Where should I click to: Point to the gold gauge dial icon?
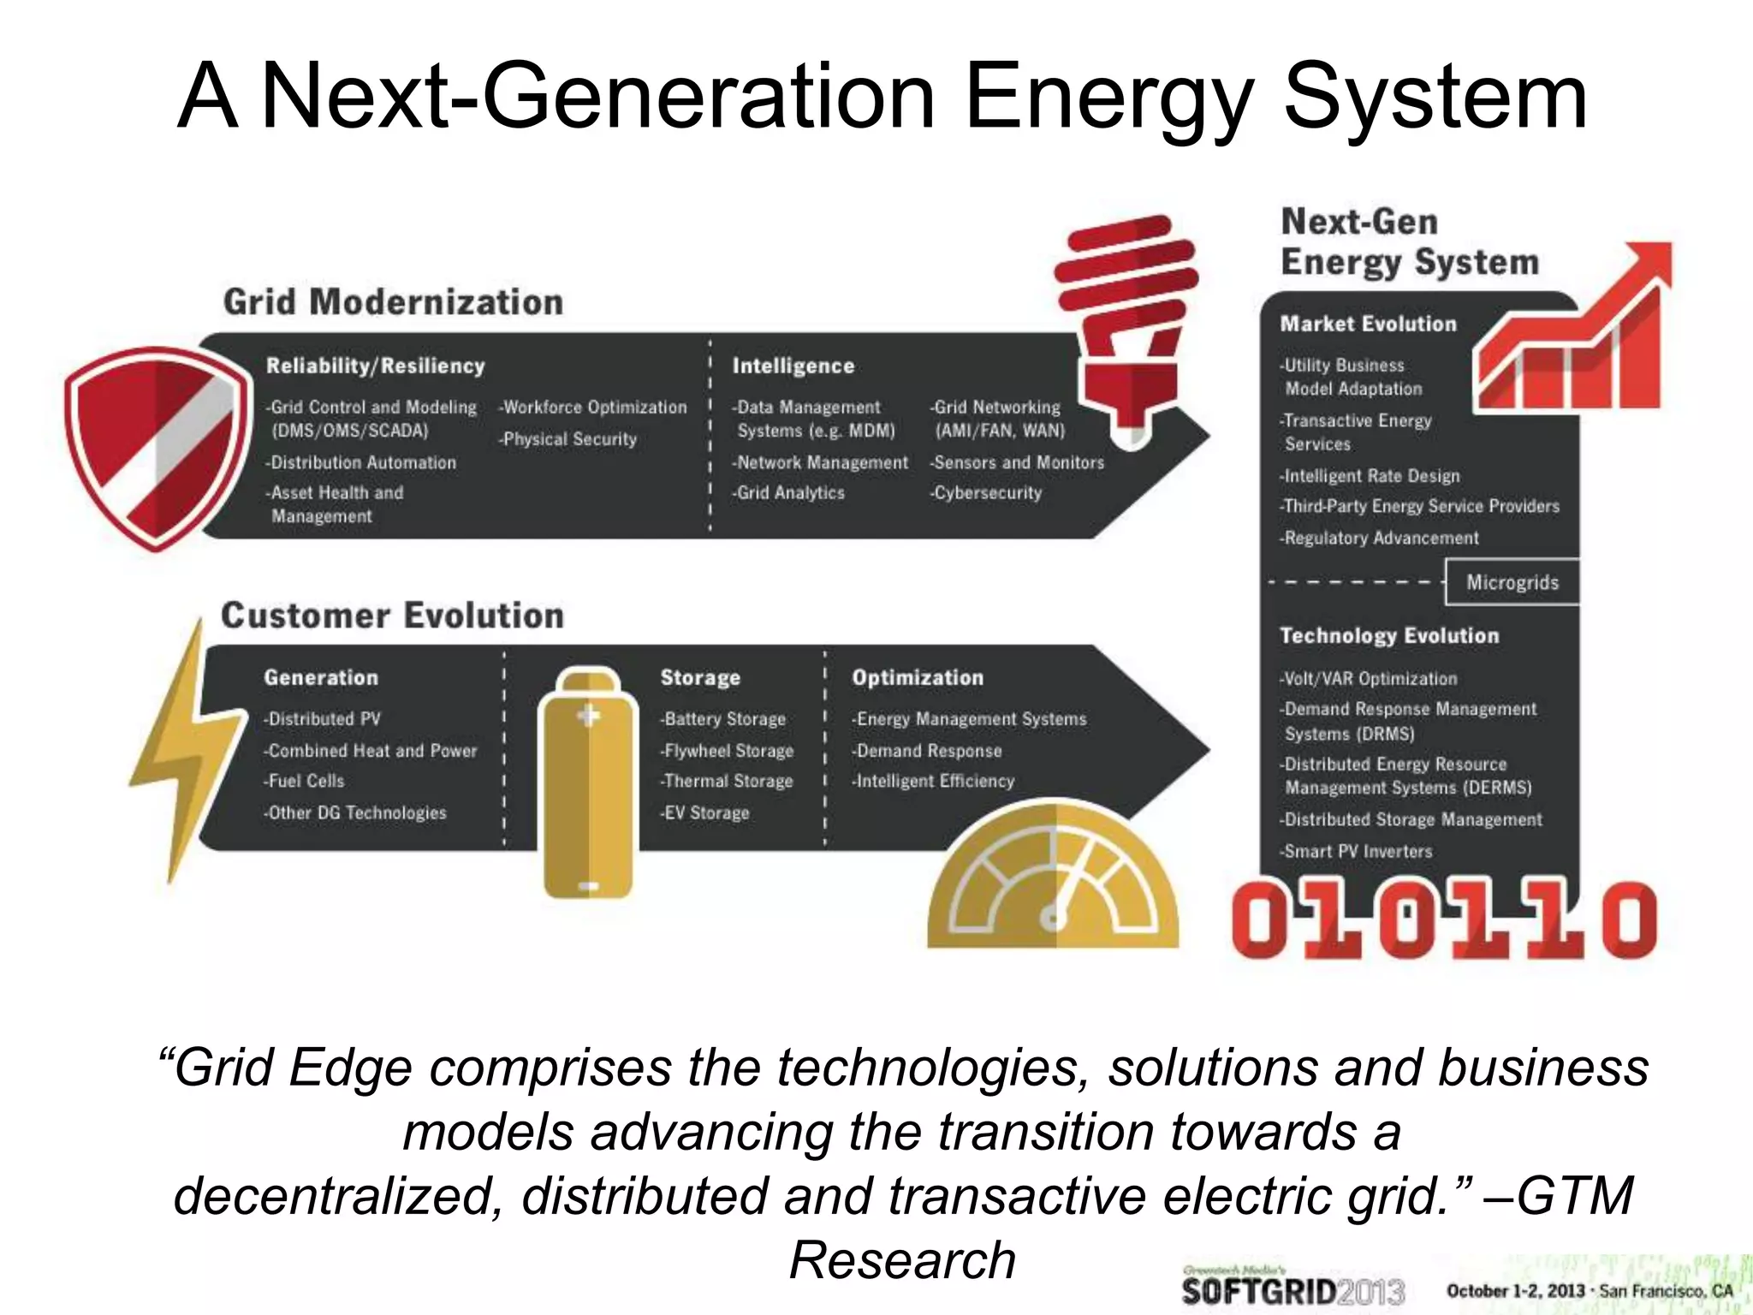[x=1053, y=882]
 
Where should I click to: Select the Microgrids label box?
[x=1512, y=582]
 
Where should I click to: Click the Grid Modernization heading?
[x=393, y=302]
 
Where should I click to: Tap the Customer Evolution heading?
[x=392, y=616]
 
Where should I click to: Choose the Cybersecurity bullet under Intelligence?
[x=986, y=493]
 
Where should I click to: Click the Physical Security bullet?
[x=568, y=439]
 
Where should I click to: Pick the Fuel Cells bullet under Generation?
[x=305, y=781]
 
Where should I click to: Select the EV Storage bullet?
[x=705, y=812]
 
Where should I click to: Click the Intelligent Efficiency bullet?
[x=933, y=781]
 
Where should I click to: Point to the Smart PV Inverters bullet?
[x=1356, y=851]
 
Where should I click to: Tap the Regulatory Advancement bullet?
[x=1380, y=538]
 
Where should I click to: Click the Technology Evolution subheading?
[x=1389, y=635]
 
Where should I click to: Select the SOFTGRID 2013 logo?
[x=1292, y=1289]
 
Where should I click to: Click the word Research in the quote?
[x=902, y=1259]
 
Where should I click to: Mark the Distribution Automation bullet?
[x=361, y=462]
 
